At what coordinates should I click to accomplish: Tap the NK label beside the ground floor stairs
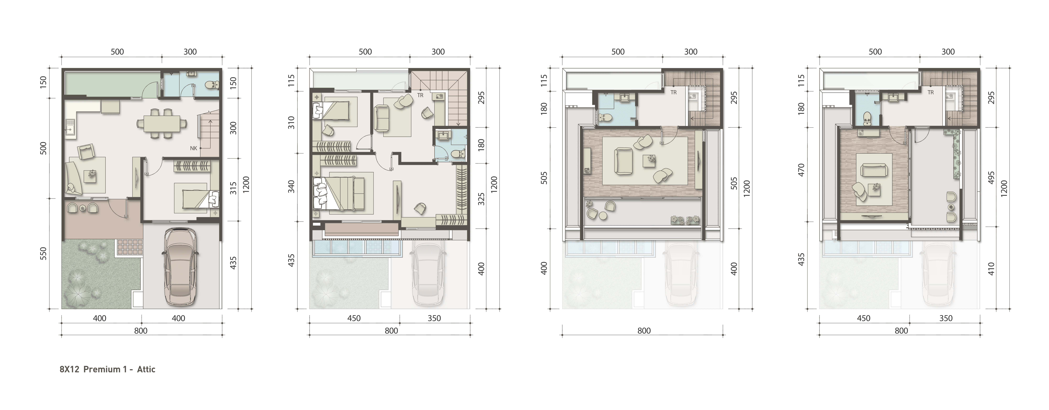point(193,148)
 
